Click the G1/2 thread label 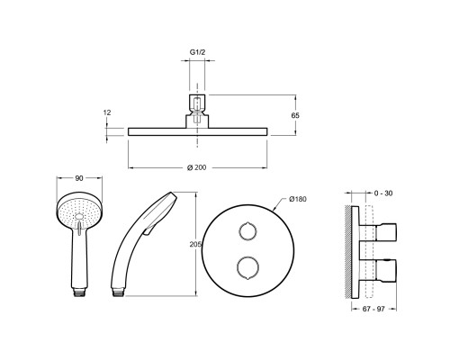(x=197, y=52)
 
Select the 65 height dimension (x=295, y=115)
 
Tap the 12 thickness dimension (x=107, y=112)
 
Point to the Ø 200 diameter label (x=197, y=167)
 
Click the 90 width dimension (x=79, y=178)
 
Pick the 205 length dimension (x=195, y=245)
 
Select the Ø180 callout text (x=298, y=199)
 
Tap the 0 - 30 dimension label (x=383, y=193)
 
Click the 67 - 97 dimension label (x=373, y=309)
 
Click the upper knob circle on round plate (x=247, y=231)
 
